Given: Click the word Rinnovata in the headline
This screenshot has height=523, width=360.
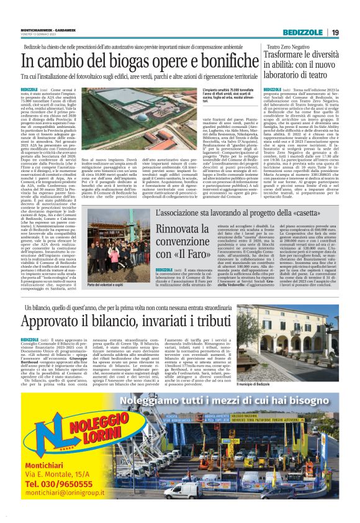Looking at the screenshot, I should point(187,231).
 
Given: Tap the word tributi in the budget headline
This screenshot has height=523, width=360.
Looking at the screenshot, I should point(215,322).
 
